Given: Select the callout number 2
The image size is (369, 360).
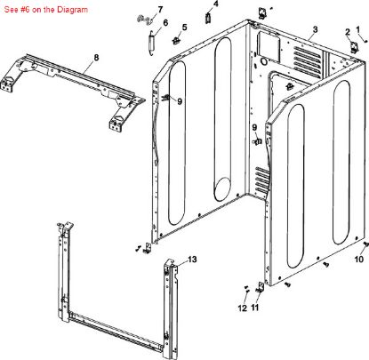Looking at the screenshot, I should click(x=316, y=29).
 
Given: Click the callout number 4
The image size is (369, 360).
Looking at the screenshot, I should click(x=184, y=28).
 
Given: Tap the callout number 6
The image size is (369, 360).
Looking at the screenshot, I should click(x=160, y=9).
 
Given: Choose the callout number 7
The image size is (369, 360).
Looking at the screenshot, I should click(x=96, y=58).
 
